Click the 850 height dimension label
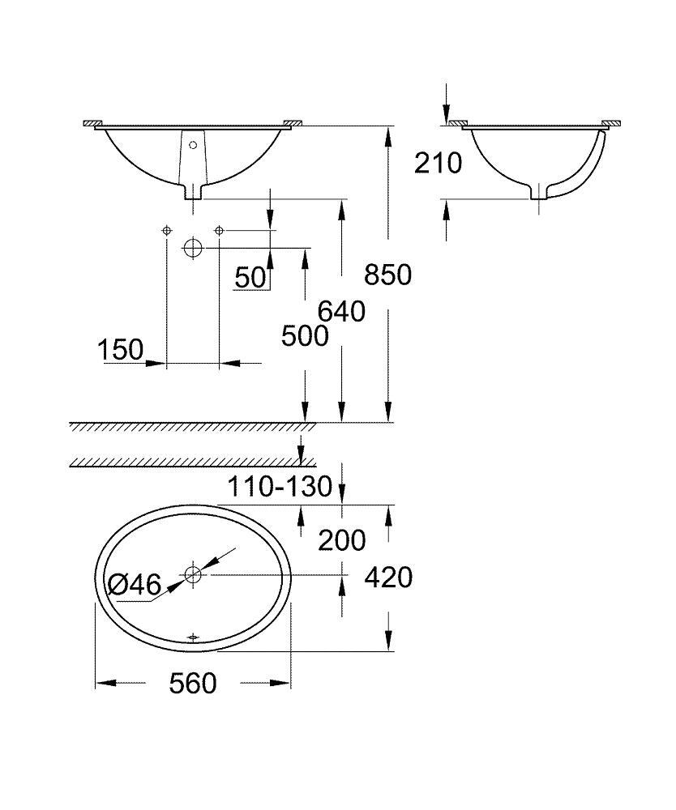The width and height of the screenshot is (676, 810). click(x=387, y=275)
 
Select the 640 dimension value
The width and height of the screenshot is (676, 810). click(x=340, y=311)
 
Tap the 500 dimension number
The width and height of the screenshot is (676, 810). click(x=304, y=335)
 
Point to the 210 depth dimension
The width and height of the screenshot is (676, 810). click(x=438, y=163)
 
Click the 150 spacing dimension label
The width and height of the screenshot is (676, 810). click(x=120, y=351)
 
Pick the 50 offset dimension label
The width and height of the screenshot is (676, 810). click(x=250, y=278)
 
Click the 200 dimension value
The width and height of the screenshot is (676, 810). click(x=341, y=539)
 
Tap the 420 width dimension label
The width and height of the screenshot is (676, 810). click(x=388, y=578)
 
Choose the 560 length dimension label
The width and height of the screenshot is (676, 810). click(x=193, y=684)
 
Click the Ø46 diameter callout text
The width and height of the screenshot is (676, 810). click(x=135, y=584)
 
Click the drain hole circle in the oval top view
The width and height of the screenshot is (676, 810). click(x=192, y=575)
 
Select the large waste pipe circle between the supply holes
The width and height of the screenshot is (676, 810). click(x=192, y=248)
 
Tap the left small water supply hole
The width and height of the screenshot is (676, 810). click(x=166, y=231)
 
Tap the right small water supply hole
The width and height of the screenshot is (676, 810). click(x=219, y=231)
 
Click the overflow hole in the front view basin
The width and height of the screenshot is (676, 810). click(x=193, y=146)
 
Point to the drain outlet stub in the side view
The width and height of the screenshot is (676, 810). click(x=538, y=193)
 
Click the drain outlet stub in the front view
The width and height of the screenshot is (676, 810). click(x=193, y=192)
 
